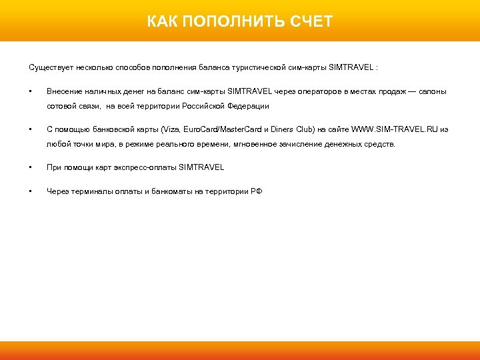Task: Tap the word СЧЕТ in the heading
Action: tap(311, 22)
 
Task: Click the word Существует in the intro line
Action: tap(49, 68)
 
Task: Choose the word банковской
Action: tap(107, 129)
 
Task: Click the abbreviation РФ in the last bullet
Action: tap(256, 191)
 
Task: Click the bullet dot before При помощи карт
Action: tap(30, 167)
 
